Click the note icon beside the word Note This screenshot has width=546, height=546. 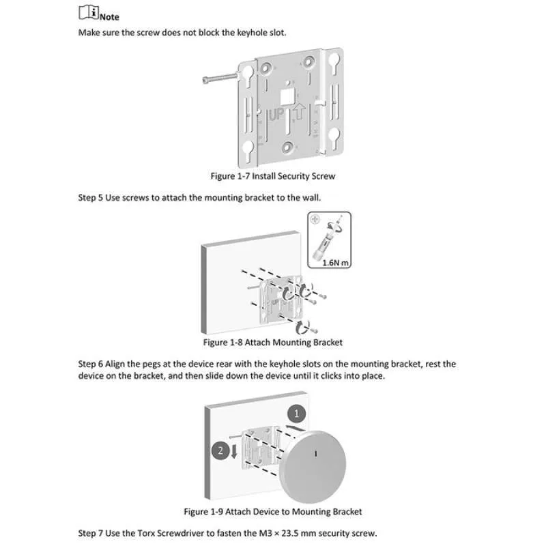(85, 12)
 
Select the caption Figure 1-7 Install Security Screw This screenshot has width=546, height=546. (273, 176)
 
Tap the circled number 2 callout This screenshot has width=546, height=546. (220, 450)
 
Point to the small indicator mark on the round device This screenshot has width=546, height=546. (315, 453)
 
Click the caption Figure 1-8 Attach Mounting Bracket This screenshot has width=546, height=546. (273, 342)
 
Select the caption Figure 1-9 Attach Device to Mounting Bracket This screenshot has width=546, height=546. (273, 511)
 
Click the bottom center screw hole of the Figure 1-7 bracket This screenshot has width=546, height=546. (289, 145)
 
